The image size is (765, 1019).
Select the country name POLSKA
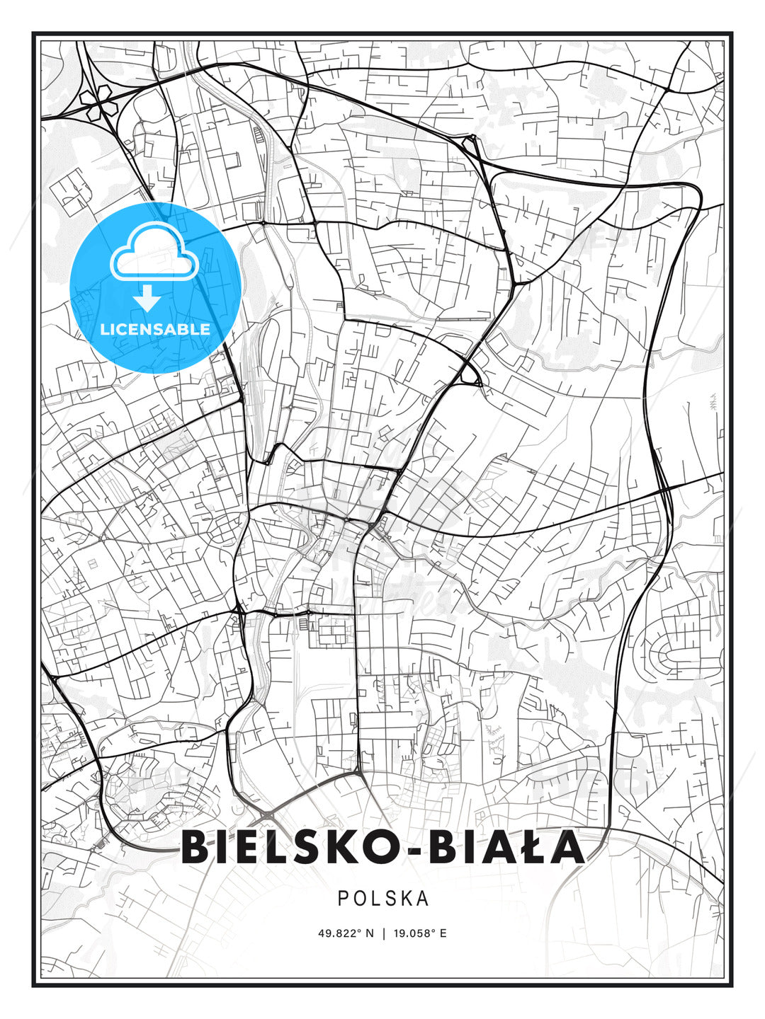pyautogui.click(x=383, y=898)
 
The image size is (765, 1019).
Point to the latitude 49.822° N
pyautogui.click(x=346, y=933)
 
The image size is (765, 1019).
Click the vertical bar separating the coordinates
pyautogui.click(x=382, y=933)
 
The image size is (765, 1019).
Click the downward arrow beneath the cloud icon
pyautogui.click(x=148, y=299)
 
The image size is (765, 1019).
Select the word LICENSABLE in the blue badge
pyautogui.click(x=155, y=329)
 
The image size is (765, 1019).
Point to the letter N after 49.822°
pyautogui.click(x=369, y=933)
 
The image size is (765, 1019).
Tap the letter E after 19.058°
pyautogui.click(x=443, y=933)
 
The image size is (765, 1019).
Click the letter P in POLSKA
pyautogui.click(x=343, y=898)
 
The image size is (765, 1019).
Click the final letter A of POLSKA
pyautogui.click(x=423, y=898)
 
